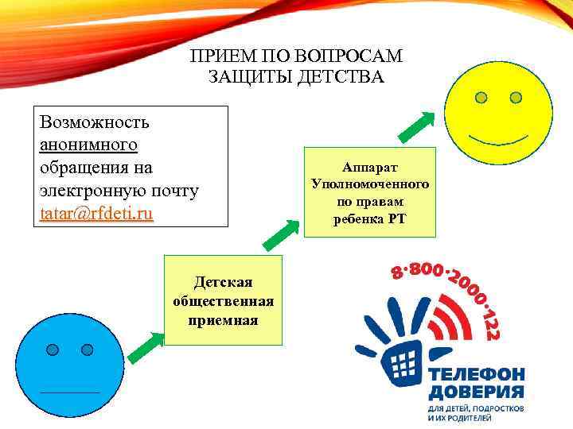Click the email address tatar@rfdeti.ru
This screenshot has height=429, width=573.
[x=96, y=214]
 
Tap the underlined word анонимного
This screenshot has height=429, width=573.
[x=88, y=145]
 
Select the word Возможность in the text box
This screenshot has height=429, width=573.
[x=93, y=122]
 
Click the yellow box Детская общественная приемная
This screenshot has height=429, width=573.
[x=223, y=300]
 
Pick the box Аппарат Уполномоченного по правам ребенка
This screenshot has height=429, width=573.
[x=370, y=192]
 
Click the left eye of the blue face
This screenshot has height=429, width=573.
[x=53, y=350]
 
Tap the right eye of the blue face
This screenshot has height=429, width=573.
[x=88, y=350]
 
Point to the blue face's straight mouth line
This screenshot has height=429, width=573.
[x=70, y=392]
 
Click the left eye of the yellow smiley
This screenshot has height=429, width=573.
[x=481, y=99]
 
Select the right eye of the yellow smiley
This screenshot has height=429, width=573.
[x=516, y=98]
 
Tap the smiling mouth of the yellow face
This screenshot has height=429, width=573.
[x=498, y=140]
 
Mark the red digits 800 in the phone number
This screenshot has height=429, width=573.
[x=426, y=270]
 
